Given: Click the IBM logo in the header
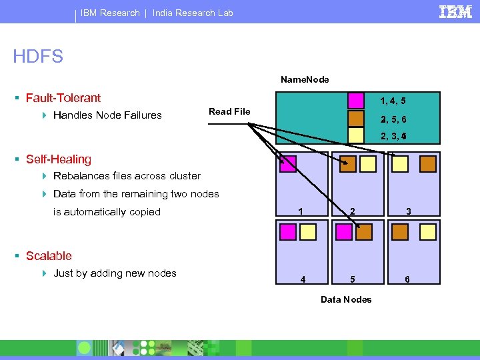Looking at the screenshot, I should coord(455,12).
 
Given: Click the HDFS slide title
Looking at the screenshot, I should coord(38,57).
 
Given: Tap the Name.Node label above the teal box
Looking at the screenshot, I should coord(305,79).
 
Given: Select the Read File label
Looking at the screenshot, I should coord(229,111).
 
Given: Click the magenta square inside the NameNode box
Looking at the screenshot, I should coord(356,101).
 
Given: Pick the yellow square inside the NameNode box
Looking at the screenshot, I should coord(356,135).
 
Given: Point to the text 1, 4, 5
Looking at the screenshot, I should coord(393,101).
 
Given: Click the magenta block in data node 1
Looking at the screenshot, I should coord(288,164).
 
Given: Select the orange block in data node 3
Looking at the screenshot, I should coord(427,164).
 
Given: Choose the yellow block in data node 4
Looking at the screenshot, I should coord(308,231).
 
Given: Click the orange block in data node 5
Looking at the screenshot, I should coord(364,231).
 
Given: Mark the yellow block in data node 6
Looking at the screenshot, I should coord(427,231).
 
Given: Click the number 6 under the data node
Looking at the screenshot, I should coord(407,280).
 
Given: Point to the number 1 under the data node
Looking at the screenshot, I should coord(301,211).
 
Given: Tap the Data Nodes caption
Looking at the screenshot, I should coord(346,299).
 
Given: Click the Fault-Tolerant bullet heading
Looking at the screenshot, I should coord(63,98).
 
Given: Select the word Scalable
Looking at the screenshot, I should coord(49,256).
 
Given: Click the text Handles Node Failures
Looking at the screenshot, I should coord(107,115).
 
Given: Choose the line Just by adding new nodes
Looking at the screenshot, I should coord(115,273).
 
